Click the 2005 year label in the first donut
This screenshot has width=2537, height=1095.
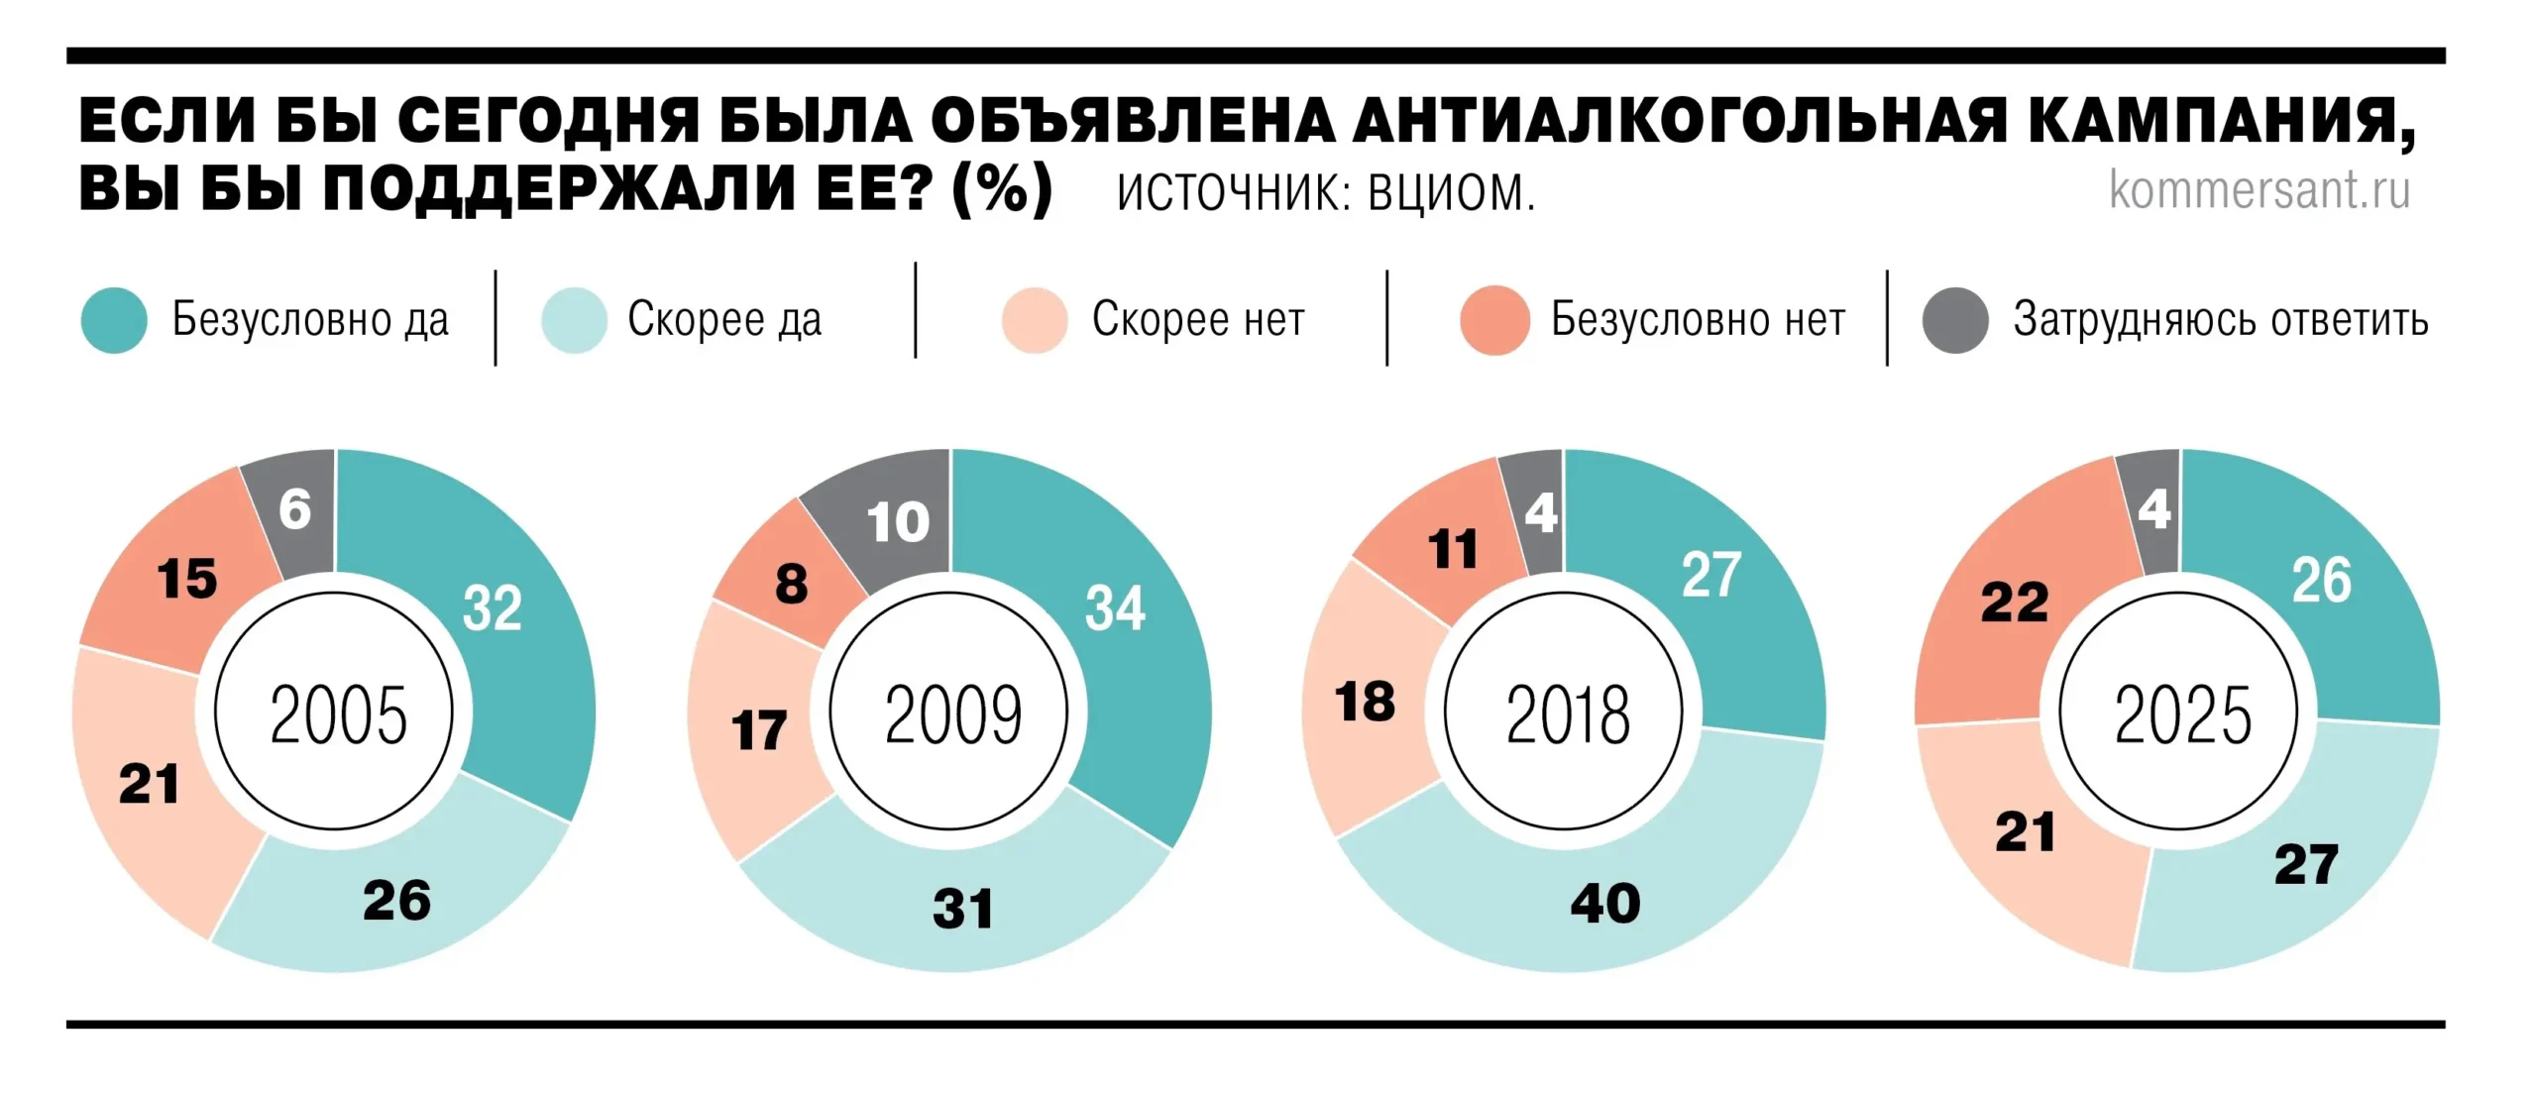coord(338,714)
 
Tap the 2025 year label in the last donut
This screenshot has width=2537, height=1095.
coord(2182,714)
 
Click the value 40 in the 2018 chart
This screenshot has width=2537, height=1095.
coord(1605,904)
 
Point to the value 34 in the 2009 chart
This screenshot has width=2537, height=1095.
coord(1115,607)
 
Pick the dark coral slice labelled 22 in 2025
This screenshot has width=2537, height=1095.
coord(2014,602)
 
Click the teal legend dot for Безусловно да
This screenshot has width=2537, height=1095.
coord(114,320)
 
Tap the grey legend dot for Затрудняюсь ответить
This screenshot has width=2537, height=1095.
coord(1954,320)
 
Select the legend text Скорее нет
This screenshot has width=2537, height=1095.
coord(1198,319)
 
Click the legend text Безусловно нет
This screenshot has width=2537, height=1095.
coord(1698,319)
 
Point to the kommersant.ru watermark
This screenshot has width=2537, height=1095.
coord(2259,189)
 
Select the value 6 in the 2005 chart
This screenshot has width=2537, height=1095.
coord(294,509)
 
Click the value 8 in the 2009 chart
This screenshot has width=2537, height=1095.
coord(791,584)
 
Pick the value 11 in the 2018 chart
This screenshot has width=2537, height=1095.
coord(1453,549)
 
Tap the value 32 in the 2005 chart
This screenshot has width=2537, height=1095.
coord(492,607)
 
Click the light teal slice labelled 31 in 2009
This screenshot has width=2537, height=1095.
coord(961,909)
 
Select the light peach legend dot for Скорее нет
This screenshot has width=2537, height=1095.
coord(1034,320)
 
